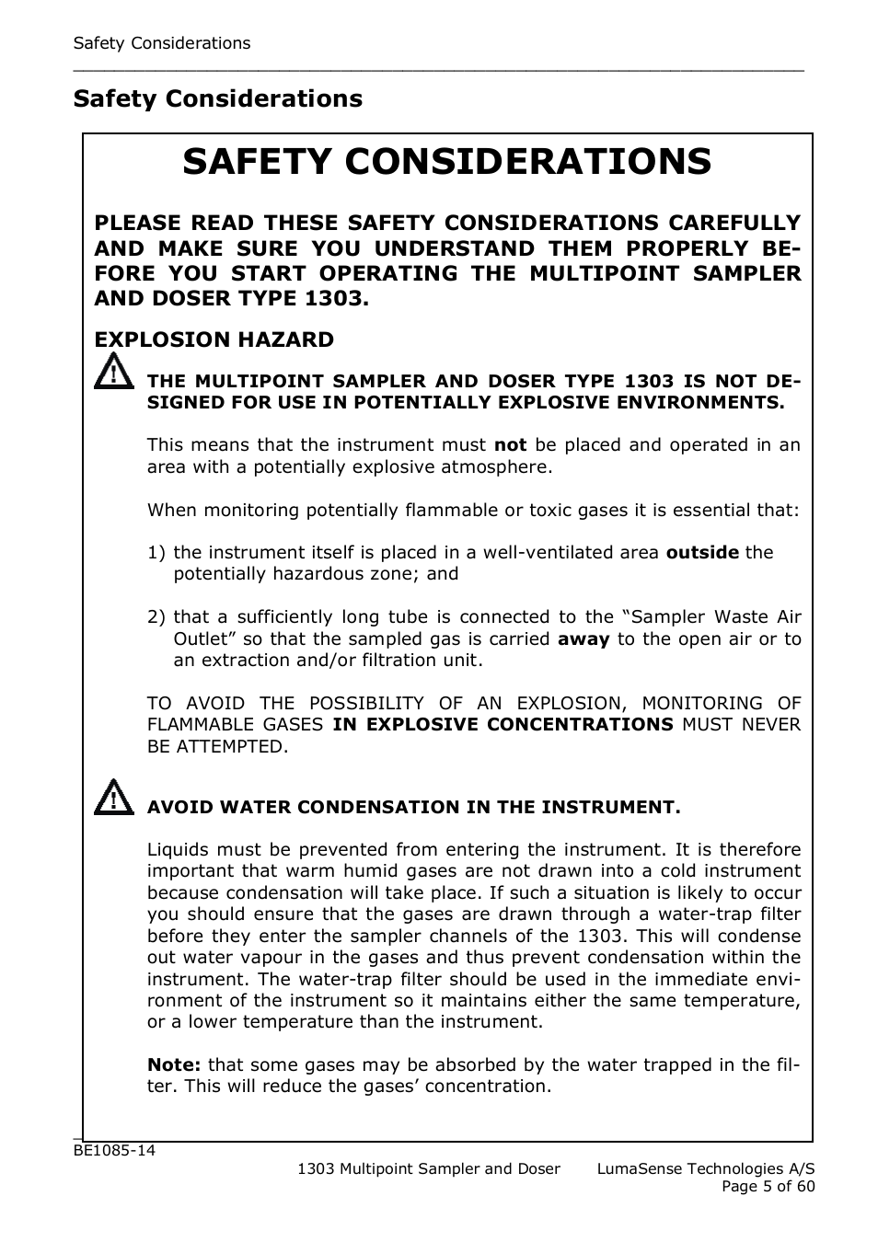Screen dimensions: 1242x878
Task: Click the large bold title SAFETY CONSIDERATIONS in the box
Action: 446,162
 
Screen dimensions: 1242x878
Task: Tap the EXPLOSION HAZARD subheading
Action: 214,339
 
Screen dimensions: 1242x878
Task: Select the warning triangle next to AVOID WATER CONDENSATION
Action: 112,797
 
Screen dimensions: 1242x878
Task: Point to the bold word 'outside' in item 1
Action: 701,552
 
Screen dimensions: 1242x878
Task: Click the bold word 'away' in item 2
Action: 583,638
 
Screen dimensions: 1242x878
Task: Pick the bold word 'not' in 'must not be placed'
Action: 510,444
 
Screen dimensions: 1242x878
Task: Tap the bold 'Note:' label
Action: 174,1064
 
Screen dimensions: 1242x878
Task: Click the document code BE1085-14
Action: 114,1151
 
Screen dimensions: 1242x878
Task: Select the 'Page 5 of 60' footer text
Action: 768,1186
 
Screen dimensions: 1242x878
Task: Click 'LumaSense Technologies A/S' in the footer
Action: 705,1168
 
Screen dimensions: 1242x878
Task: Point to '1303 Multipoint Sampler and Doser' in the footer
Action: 429,1168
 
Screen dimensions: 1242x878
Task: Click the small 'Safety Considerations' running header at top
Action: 161,43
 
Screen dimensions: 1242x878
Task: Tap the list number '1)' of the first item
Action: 156,552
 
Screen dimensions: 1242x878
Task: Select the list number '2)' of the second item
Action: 156,616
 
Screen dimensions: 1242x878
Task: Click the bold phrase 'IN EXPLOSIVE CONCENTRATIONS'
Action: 503,724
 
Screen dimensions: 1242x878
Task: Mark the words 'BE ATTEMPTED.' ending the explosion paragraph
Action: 217,746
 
